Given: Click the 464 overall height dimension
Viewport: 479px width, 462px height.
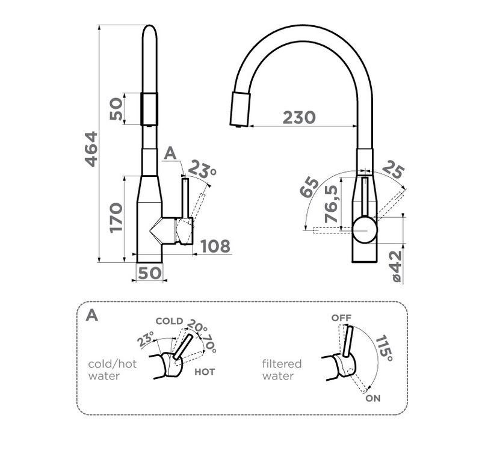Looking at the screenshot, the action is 91,149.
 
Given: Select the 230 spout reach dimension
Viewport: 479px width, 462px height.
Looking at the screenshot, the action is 299,117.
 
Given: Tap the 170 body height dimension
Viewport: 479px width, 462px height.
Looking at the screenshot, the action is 116,218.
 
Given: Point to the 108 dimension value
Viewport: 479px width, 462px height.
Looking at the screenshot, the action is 215,246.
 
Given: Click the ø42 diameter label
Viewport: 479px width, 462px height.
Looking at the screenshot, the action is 397,266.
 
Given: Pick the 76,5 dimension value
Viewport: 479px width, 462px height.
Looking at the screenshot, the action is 332,204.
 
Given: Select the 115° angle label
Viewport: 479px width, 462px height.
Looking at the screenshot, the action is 384,348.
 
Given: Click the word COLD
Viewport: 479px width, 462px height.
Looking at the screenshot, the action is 169,321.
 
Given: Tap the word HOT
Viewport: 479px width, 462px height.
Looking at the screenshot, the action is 205,372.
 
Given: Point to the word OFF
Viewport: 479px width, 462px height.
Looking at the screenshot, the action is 341,318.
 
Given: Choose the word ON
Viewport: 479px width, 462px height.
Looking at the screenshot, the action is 373,398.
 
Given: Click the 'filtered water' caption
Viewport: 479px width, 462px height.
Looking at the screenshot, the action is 282,370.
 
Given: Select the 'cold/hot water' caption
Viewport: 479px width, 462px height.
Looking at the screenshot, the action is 112,370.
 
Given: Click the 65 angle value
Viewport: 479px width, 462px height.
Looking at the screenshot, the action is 309,187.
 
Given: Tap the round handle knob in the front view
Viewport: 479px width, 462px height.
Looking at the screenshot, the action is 365,229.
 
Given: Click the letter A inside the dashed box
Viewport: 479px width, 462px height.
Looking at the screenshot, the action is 91,315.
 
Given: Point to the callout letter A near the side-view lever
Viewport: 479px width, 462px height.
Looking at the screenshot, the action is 170,153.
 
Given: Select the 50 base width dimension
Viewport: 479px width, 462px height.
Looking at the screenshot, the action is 149,273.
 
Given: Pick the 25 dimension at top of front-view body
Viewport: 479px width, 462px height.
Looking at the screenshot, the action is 393,169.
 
